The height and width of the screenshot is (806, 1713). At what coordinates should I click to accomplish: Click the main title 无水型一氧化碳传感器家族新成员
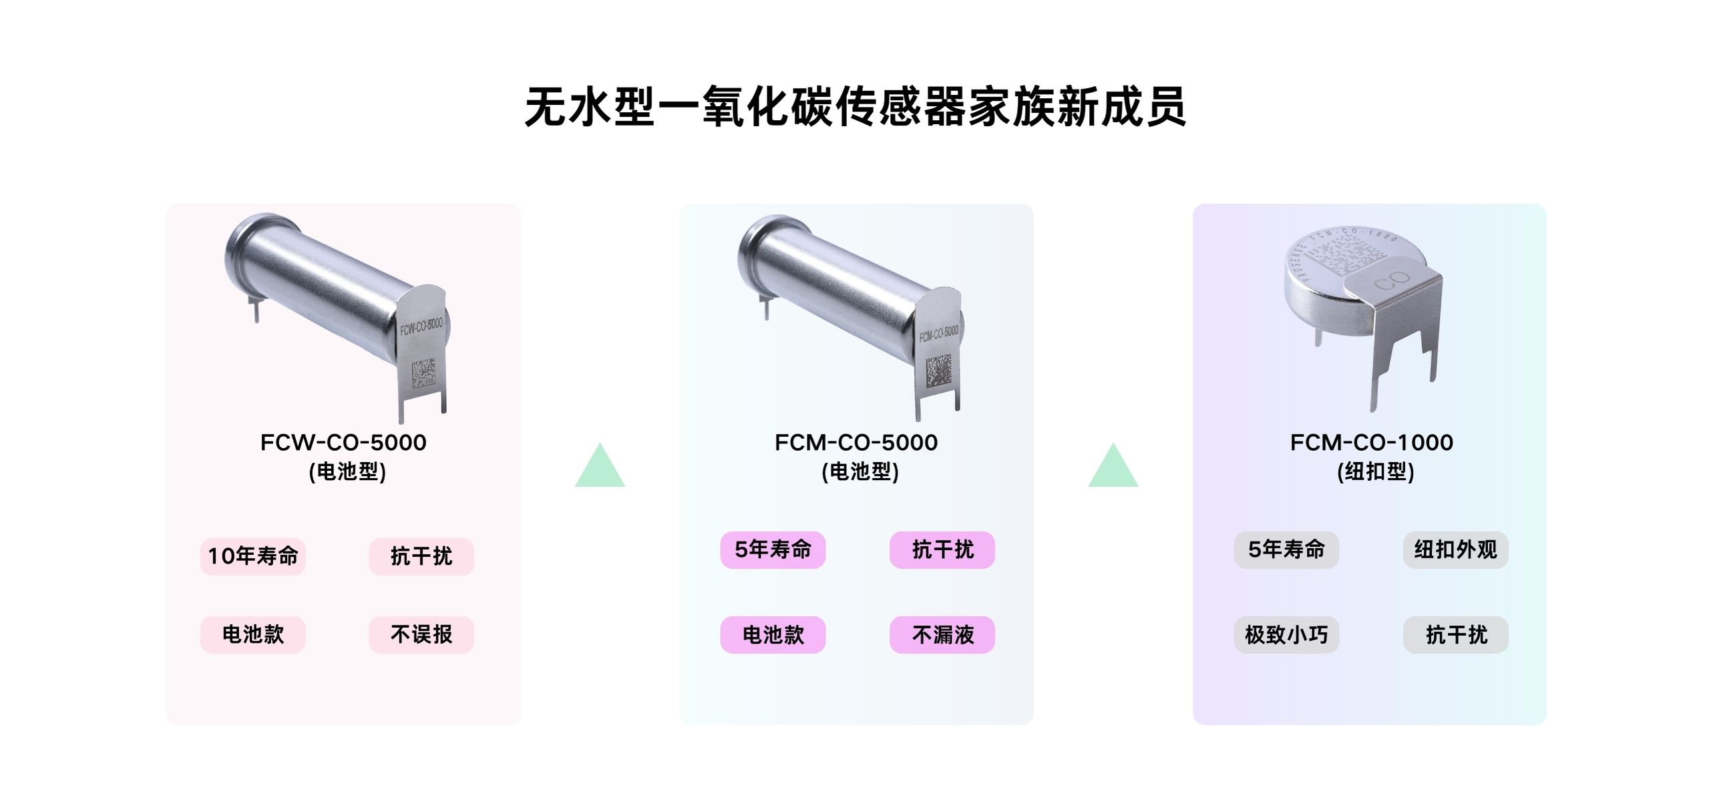point(855,107)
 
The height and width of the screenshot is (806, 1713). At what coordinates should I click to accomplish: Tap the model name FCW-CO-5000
point(343,442)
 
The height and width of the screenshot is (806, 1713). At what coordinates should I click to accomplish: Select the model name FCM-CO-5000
point(856,442)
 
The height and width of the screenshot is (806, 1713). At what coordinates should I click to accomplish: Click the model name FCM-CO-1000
point(1371,442)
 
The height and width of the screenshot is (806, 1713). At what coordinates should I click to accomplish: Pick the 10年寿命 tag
point(253,556)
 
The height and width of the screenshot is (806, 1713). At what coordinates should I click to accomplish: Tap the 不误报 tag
point(421,634)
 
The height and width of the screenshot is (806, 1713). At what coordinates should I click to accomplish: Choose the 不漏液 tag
point(942,634)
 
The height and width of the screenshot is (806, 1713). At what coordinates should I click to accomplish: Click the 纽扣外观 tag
point(1456,550)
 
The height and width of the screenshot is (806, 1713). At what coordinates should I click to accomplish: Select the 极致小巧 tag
point(1286,634)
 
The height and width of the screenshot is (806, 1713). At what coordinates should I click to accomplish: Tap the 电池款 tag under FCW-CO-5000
point(253,634)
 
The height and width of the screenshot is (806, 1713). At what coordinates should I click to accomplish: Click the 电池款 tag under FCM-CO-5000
point(773,634)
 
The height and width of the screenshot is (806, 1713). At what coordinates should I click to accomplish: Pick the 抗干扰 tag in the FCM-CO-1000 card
point(1456,634)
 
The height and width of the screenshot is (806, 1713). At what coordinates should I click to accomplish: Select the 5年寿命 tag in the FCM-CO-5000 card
point(773,550)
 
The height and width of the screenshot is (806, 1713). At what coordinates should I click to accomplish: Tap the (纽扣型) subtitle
point(1375,471)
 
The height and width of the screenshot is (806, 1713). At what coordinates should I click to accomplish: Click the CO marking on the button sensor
point(1392,281)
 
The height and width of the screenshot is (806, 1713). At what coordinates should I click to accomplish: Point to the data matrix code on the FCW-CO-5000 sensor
point(423,373)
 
